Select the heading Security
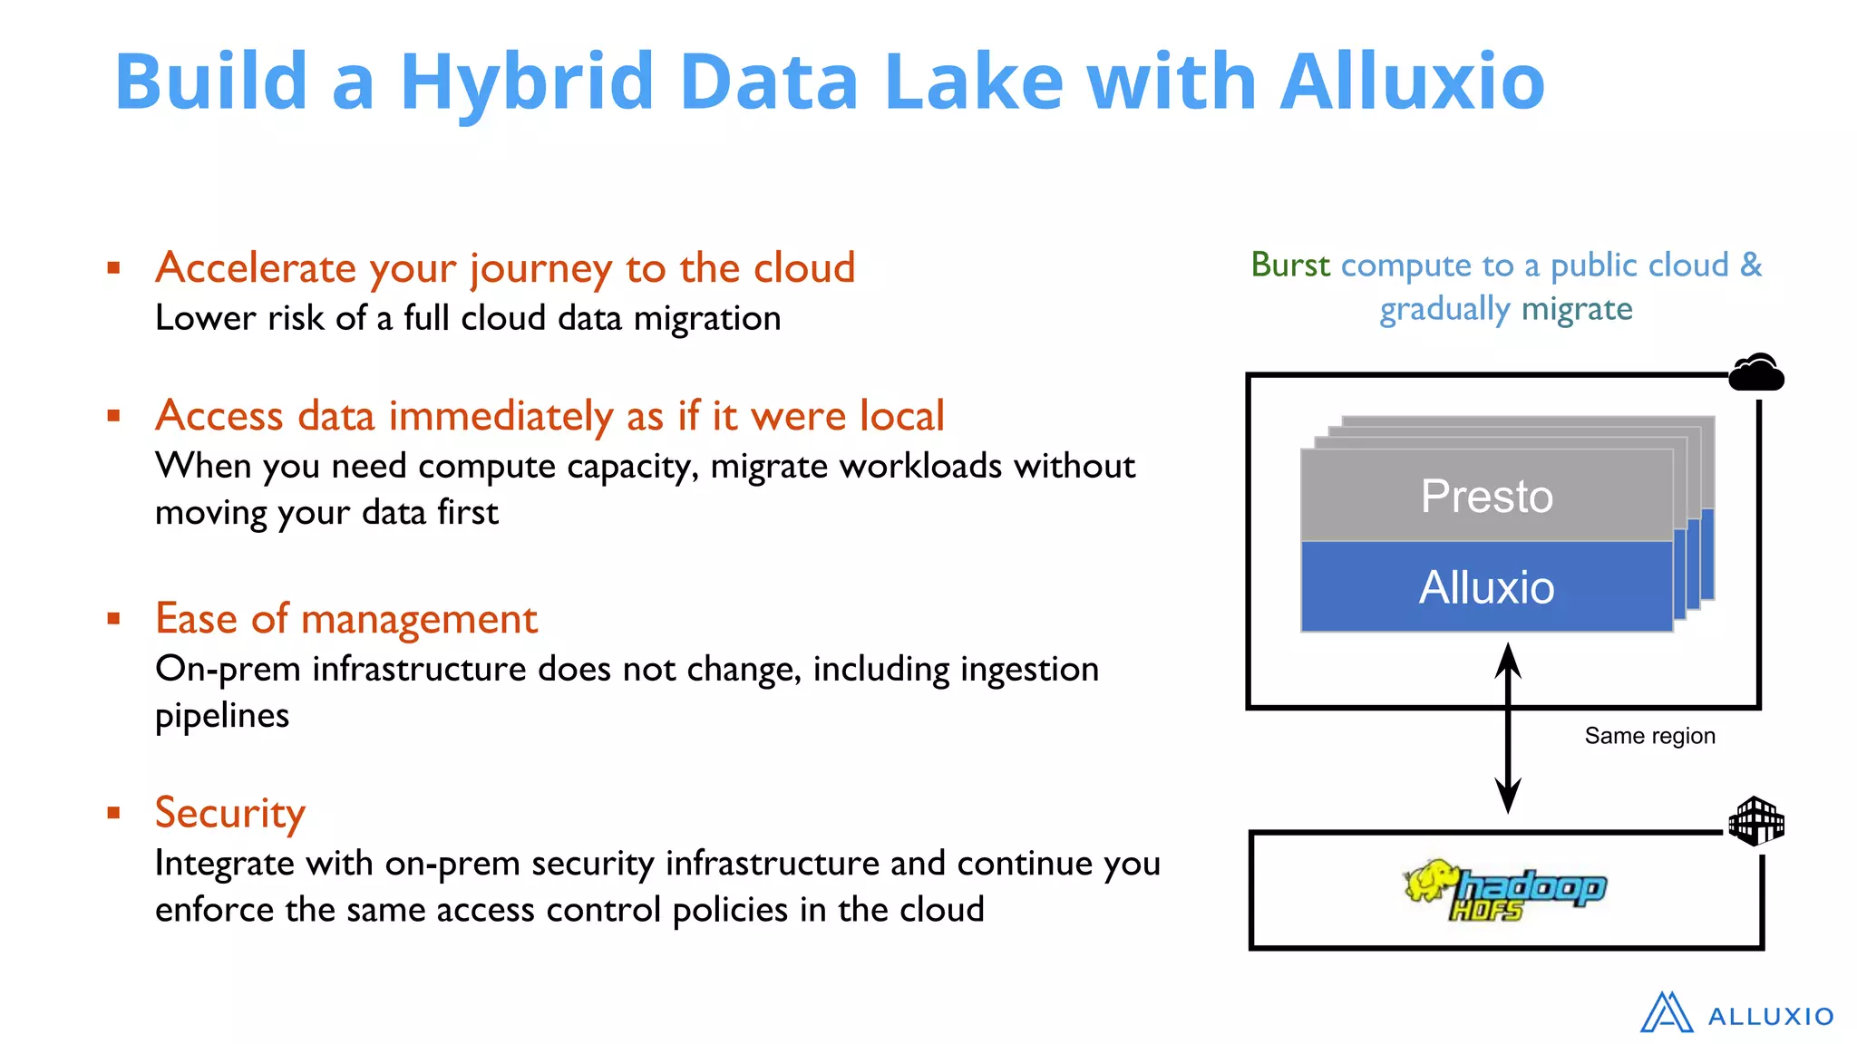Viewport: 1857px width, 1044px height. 229,812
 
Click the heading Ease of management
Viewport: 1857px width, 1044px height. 345,619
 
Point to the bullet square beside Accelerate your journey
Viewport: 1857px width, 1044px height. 113,267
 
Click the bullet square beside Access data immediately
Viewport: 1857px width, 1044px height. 113,416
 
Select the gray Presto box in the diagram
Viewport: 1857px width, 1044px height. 1486,496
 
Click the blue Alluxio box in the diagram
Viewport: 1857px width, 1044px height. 1486,587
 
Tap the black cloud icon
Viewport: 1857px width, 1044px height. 1755,372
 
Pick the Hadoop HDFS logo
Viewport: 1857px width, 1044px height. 1505,890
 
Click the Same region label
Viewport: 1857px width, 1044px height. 1649,736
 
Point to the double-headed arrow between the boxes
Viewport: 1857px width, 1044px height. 1507,728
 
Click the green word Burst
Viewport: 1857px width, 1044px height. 1289,265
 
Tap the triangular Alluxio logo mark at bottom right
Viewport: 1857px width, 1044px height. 1666,1012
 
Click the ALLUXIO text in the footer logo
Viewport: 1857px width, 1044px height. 1770,1017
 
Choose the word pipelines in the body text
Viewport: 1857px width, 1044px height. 222,716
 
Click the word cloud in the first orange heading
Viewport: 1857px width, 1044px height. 804,268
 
